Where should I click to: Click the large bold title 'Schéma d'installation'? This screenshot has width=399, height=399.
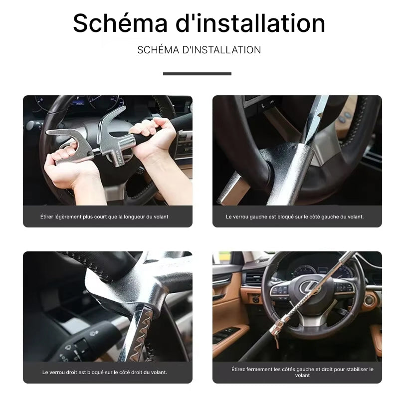pyautogui.click(x=199, y=23)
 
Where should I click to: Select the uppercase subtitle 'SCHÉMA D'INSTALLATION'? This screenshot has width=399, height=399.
pyautogui.click(x=199, y=50)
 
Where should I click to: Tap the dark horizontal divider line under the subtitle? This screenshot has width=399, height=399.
pyautogui.click(x=197, y=74)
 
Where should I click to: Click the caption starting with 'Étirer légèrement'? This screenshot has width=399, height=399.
pyautogui.click(x=104, y=217)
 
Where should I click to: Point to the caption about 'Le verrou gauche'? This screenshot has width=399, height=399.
pyautogui.click(x=295, y=217)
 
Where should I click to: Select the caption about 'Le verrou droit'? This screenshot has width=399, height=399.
pyautogui.click(x=105, y=372)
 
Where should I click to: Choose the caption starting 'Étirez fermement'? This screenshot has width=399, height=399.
pyautogui.click(x=302, y=372)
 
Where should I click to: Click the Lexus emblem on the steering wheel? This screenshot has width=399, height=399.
pyautogui.click(x=309, y=286)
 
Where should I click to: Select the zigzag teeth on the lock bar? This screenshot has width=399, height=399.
pyautogui.click(x=141, y=336)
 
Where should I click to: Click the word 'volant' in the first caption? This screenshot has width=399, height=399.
pyautogui.click(x=161, y=217)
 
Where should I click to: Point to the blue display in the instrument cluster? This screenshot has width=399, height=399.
pyautogui.click(x=78, y=103)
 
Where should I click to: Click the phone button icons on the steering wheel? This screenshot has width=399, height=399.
pyautogui.click(x=267, y=104)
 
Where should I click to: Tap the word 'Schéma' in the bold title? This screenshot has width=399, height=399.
pyautogui.click(x=120, y=23)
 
